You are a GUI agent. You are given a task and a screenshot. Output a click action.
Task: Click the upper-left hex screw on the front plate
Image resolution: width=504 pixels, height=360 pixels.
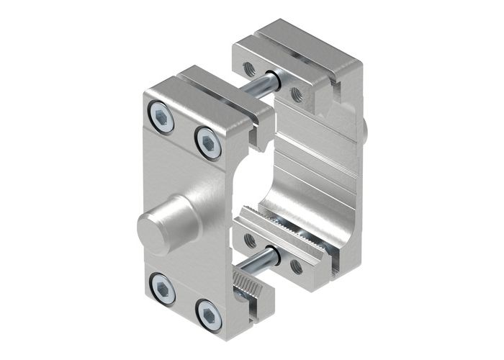[162, 117]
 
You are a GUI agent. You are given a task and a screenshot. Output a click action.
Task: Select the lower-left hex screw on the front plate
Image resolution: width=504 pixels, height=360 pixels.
[163, 292]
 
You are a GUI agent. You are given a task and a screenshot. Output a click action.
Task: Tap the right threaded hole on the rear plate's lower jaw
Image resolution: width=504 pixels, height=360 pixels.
[296, 266]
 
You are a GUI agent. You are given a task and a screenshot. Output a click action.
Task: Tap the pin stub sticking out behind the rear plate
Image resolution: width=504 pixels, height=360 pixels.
[367, 130]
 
